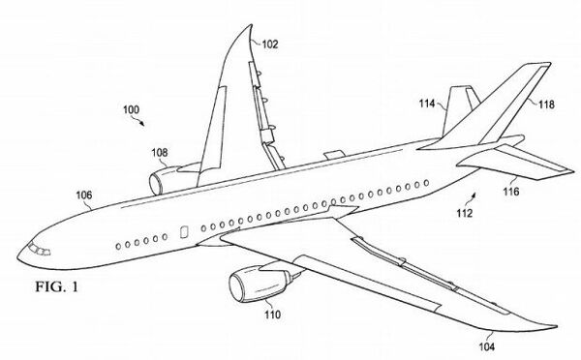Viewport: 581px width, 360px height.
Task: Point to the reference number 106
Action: pos(84,195)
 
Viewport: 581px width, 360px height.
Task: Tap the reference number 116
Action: pos(509,192)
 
